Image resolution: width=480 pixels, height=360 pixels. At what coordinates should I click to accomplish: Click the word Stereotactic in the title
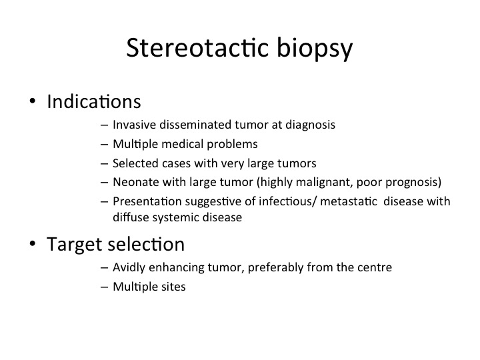click(x=198, y=47)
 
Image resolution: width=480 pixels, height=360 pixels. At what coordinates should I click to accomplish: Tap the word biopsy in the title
click(x=315, y=49)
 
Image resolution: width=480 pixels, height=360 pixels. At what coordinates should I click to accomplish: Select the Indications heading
click(x=94, y=101)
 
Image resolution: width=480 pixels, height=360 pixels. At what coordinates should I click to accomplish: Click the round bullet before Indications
click(x=33, y=101)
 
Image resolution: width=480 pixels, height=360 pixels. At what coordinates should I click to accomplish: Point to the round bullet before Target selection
click(x=33, y=244)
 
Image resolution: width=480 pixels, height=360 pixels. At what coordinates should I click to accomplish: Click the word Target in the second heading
click(x=75, y=245)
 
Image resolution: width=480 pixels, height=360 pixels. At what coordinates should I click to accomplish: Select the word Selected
click(x=135, y=163)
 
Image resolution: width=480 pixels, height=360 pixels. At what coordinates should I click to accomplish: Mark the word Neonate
click(x=135, y=182)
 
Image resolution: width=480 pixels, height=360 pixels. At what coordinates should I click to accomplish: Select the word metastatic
click(x=349, y=201)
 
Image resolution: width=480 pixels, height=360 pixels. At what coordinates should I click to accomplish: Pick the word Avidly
click(x=129, y=268)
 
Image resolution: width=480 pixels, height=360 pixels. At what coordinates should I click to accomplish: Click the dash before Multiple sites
click(x=104, y=287)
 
